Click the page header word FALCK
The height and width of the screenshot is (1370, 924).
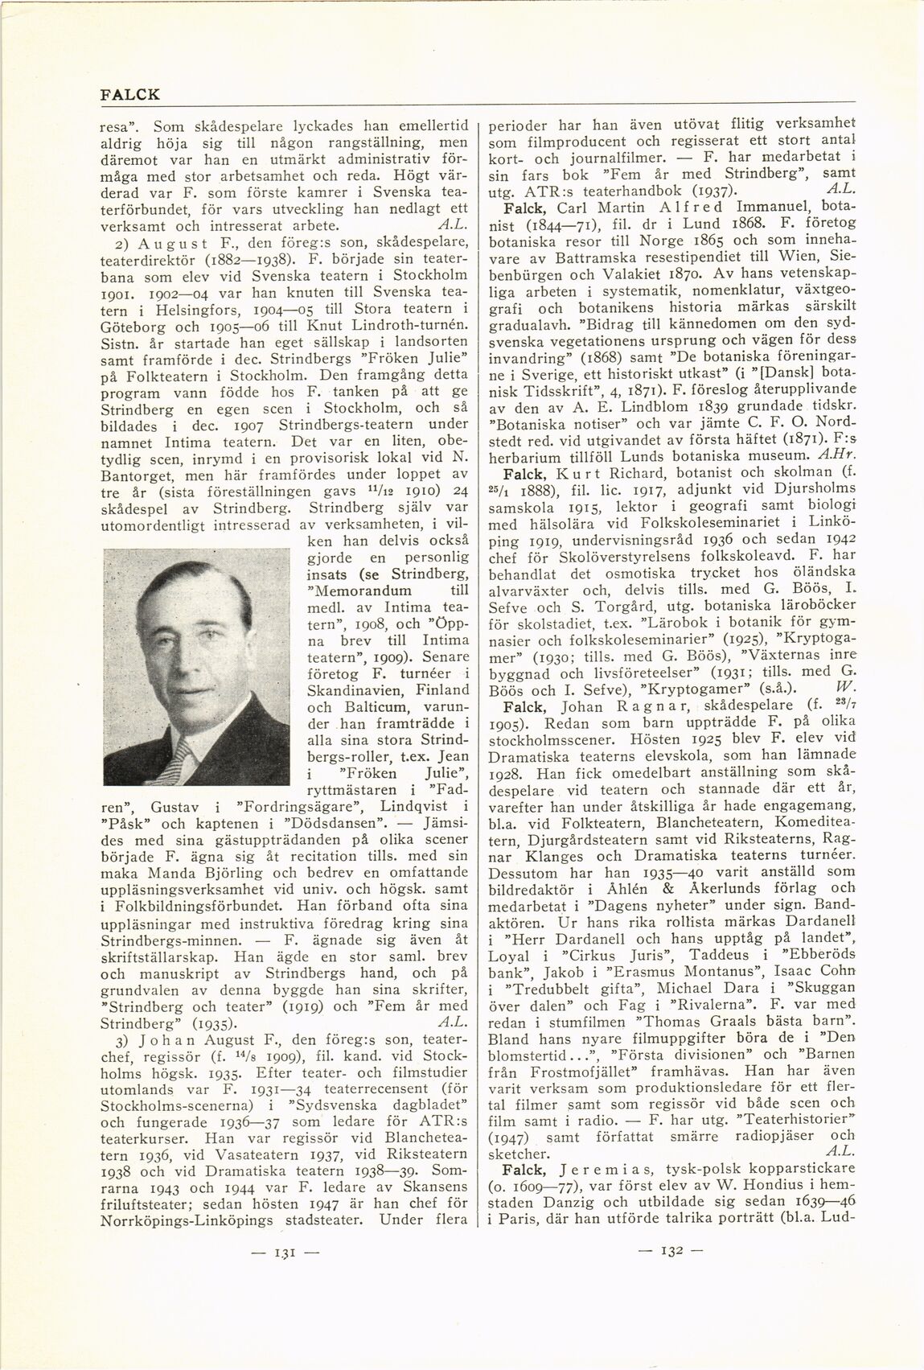point(130,95)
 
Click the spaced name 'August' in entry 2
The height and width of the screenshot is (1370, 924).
point(164,242)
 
